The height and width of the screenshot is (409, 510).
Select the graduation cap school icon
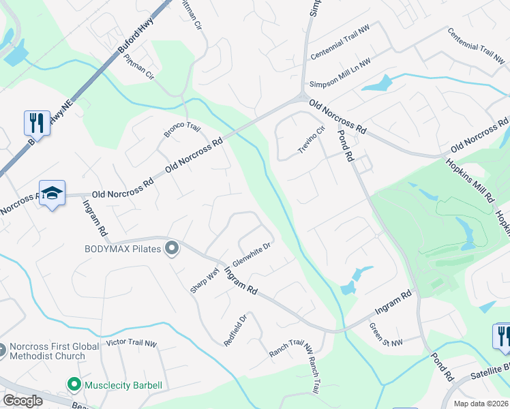coord(52,194)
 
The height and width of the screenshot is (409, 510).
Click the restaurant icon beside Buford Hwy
coord(35,123)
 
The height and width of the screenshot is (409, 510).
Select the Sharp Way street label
coord(205,280)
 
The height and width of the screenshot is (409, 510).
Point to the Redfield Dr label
coord(234,328)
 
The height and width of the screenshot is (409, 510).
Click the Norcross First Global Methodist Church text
coord(48,351)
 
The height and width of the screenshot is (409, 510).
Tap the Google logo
coord(22,401)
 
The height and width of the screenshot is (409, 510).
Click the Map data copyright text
coord(481,404)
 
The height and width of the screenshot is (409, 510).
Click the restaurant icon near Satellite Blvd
coord(502,336)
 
